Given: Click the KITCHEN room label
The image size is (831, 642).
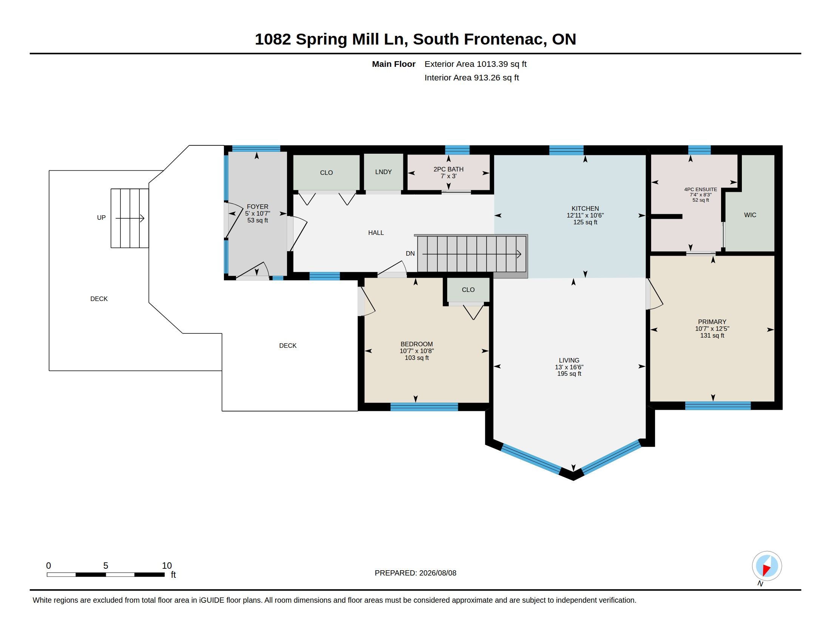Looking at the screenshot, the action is pos(585,208).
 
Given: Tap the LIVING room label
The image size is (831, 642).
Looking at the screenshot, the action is pos(569,360).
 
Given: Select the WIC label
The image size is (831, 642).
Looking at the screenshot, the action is pos(750,215).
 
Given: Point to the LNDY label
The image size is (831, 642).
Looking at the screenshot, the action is pos(383,172).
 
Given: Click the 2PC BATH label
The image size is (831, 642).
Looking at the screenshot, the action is pos(448,169).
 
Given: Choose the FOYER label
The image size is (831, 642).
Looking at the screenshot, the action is pos(258,207).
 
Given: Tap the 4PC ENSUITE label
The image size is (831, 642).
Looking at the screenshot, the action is pos(700,190).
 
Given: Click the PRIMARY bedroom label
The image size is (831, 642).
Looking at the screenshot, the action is pos(712,322).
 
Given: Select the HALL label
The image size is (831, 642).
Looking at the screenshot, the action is pos(376,233).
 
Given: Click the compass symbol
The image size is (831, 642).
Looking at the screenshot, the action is pos(767,566).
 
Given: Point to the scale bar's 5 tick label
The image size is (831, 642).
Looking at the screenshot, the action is pos(106,566).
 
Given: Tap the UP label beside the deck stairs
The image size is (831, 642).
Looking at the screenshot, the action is pos(101,218).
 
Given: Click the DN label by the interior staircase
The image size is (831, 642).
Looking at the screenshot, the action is pos(410,253).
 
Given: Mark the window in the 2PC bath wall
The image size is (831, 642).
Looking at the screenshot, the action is pos(457,150).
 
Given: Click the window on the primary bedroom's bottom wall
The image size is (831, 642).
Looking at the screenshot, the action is pos(718,406).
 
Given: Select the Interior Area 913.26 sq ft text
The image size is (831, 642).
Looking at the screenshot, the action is pos(471,77).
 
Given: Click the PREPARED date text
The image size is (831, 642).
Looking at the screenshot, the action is pos(415,573).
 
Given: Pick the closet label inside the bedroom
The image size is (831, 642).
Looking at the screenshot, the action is pos(468,290).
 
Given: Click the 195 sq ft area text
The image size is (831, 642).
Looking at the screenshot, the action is pos(569,374).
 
